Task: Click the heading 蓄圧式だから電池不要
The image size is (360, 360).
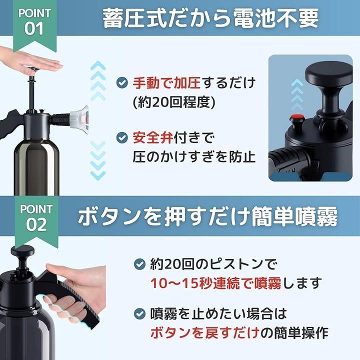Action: click(210, 18)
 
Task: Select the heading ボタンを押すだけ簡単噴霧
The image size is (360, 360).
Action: click(207, 216)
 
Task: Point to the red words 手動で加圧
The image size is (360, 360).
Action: click(166, 83)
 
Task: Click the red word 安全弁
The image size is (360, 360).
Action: click(152, 138)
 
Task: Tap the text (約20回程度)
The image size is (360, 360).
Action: click(174, 102)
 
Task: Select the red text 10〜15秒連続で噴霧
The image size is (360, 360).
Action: click(216, 283)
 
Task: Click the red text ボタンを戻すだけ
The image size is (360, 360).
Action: click(205, 332)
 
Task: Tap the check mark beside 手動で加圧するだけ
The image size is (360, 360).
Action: click(122, 82)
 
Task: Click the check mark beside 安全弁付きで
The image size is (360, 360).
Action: click(122, 138)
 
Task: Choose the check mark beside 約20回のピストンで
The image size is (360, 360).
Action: click(139, 264)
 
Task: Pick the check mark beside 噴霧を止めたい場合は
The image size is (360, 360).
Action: click(139, 313)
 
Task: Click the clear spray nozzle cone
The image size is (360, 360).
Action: click(79, 119)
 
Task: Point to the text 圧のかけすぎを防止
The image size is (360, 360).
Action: click(194, 157)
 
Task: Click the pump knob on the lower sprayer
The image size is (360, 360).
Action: click(22, 250)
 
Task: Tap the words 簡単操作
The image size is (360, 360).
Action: click(303, 332)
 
